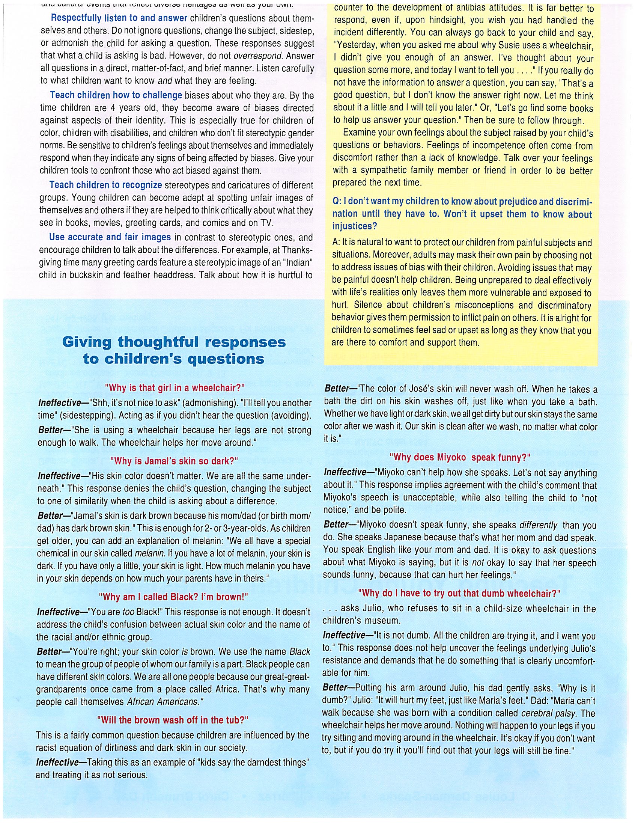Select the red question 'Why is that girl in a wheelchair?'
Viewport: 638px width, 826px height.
click(175, 388)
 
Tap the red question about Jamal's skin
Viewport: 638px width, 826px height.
click(174, 461)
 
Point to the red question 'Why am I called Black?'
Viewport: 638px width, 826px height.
click(173, 597)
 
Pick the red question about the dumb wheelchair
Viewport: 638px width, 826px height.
click(459, 593)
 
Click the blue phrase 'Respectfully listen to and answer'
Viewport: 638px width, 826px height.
click(119, 18)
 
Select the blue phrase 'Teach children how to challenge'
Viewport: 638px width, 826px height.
click(116, 95)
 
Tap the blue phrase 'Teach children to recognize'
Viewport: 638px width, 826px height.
click(106, 185)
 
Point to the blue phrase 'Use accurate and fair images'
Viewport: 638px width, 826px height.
click(110, 237)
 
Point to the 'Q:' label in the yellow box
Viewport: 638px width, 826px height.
click(337, 202)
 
